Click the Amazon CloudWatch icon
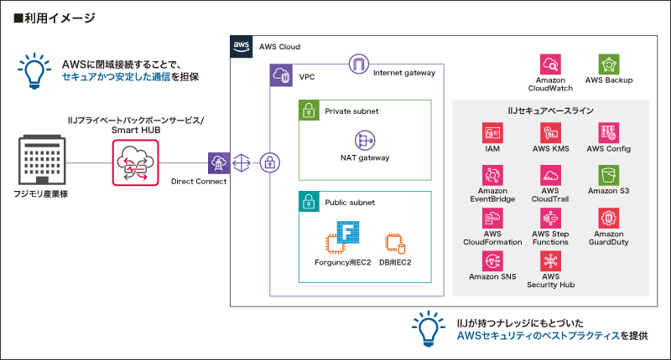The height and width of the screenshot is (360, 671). [550, 64]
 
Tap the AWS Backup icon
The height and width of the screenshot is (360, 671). [608, 64]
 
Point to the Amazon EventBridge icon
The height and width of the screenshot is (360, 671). [492, 175]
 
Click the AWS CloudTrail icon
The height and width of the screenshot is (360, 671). [550, 175]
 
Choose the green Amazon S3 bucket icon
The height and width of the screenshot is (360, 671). [608, 175]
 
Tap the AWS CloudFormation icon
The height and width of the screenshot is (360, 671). [492, 218]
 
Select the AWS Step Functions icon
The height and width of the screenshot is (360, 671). [550, 218]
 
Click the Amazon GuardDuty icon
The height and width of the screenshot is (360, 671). [608, 218]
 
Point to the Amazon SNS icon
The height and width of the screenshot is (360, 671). [492, 260]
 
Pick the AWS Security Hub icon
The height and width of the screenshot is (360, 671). [550, 260]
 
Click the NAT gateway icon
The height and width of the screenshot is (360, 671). [365, 140]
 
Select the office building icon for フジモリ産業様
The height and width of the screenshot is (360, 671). [40, 162]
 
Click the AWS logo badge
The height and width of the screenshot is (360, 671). [242, 46]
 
